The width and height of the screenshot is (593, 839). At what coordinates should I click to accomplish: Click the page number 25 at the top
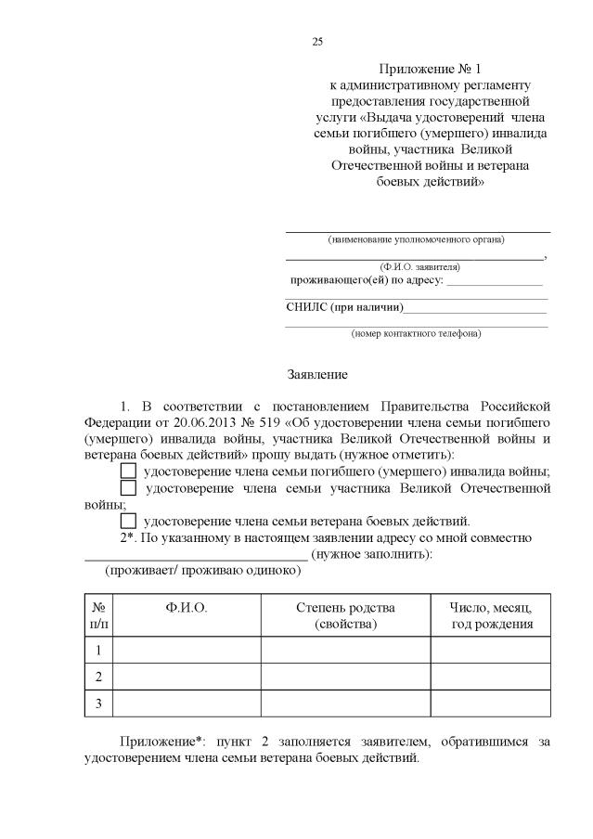[x=317, y=42]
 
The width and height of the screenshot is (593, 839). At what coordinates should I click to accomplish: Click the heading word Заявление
[x=316, y=375]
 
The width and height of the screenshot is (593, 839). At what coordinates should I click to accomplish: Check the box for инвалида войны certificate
[x=128, y=471]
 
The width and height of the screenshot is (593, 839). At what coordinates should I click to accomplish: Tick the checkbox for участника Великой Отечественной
[x=128, y=488]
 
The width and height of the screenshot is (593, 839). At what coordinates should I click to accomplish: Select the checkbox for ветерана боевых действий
[x=128, y=521]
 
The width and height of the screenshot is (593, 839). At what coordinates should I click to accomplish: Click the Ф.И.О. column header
[x=186, y=607]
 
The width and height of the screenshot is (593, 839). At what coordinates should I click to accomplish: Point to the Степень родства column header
[x=345, y=615]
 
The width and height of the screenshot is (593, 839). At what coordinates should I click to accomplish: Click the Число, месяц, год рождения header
[x=491, y=615]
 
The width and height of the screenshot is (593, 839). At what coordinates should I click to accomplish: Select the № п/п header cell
[x=98, y=615]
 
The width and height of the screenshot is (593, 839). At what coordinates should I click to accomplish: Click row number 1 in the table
[x=98, y=650]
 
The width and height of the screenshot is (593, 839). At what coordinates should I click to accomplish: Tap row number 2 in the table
[x=98, y=677]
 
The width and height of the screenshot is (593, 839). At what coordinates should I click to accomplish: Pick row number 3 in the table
[x=98, y=704]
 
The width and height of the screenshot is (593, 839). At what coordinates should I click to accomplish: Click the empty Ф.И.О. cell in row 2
[x=186, y=677]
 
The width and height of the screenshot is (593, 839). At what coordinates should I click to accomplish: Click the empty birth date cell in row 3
[x=491, y=704]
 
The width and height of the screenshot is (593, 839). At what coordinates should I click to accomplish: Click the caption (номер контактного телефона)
[x=416, y=332]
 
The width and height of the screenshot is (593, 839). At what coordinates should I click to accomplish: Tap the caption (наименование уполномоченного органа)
[x=416, y=239]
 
